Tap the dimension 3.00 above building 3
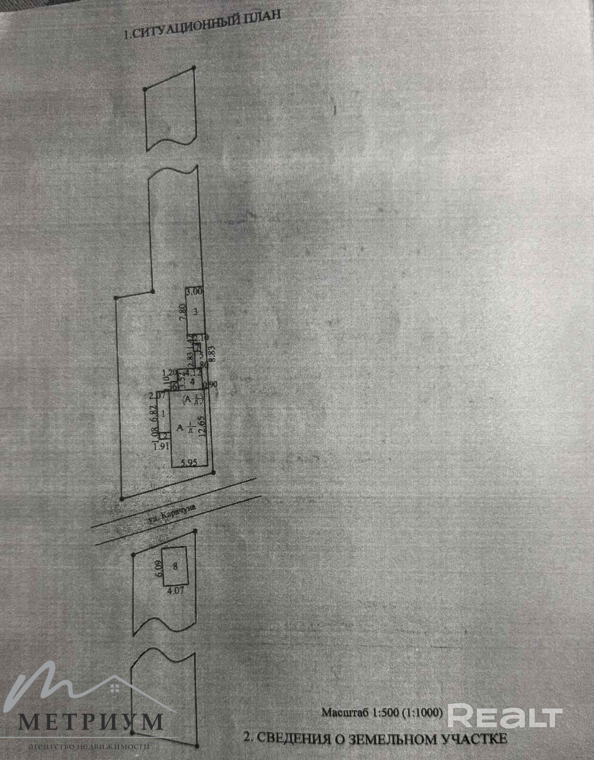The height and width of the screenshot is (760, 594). tap(195, 293)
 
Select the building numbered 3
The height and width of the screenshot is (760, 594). tap(195, 312)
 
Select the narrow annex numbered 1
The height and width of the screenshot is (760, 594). tap(164, 414)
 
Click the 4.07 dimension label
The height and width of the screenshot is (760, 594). tap(176, 593)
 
